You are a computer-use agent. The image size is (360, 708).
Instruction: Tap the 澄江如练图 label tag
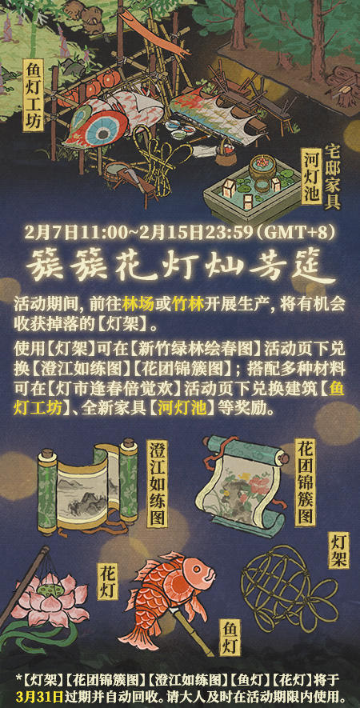click(x=157, y=483)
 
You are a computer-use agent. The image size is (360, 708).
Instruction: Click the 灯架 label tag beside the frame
click(x=338, y=550)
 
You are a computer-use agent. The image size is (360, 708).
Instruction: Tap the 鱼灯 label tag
click(x=230, y=638)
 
